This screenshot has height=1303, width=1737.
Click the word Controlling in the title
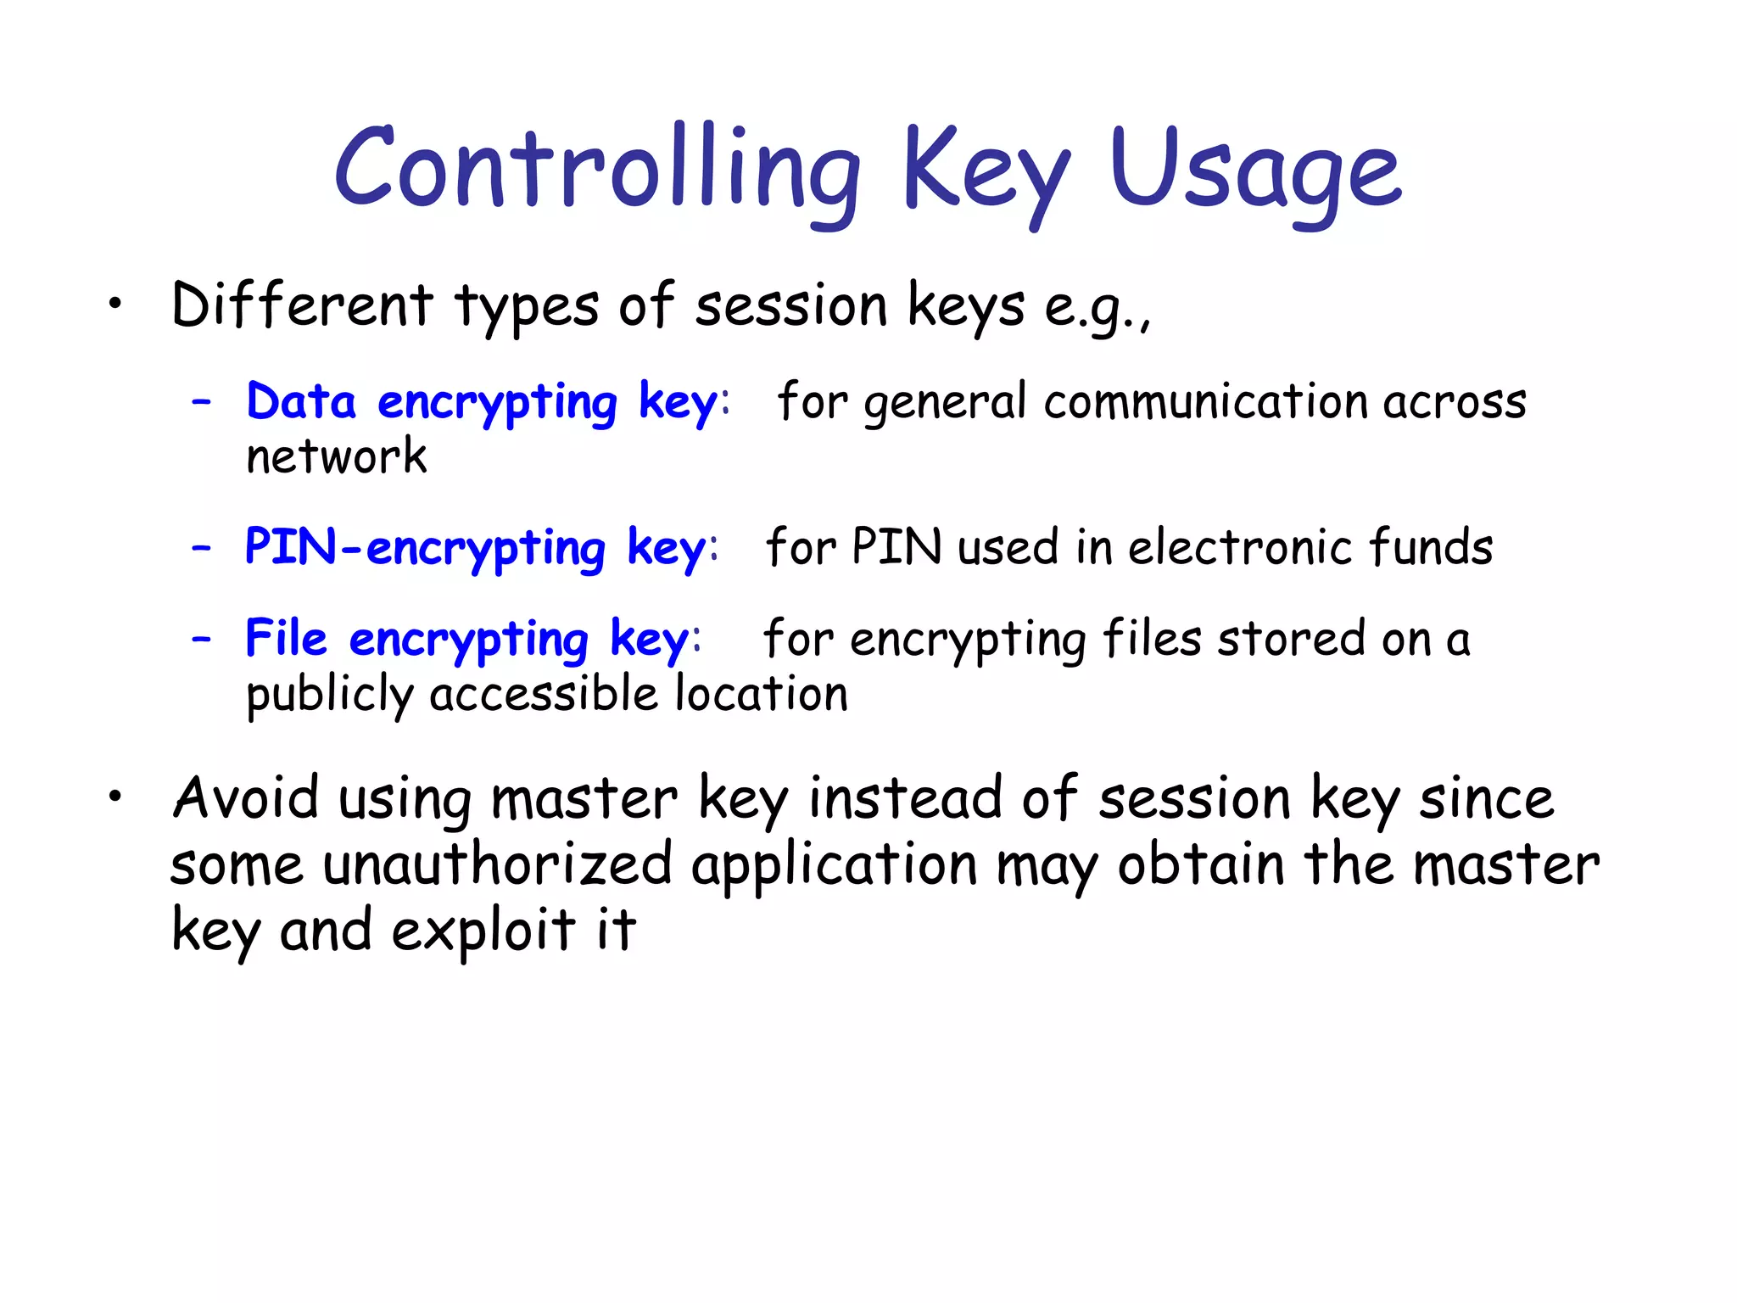tap(598, 170)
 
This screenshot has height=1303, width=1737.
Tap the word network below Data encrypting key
tap(336, 456)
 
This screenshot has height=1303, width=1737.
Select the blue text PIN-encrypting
tap(425, 548)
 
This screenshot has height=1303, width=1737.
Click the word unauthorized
tap(498, 865)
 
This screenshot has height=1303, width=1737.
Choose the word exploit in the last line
tap(483, 931)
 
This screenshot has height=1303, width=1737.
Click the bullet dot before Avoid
tap(115, 797)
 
